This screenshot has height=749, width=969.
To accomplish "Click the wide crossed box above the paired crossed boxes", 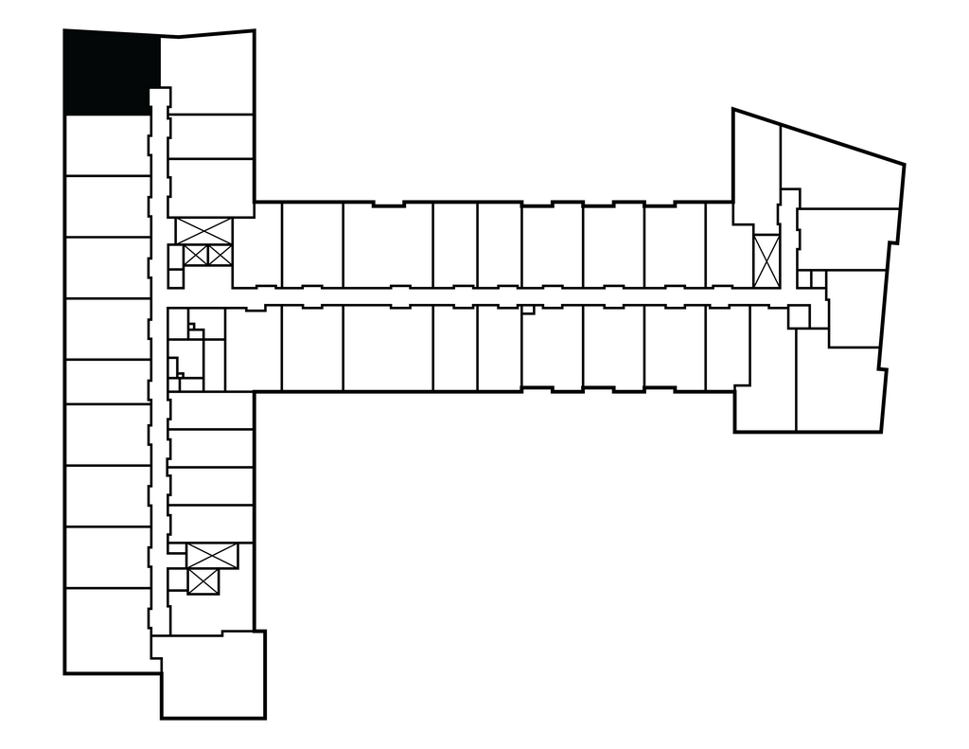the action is pos(203,230).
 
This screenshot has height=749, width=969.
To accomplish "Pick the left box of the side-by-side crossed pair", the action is pos(196,255).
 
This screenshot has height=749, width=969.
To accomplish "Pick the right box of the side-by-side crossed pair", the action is pos(219,255).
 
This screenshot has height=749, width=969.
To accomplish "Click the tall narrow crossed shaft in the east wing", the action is pos(766,260).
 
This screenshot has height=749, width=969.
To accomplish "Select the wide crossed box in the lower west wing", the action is pos(212,556).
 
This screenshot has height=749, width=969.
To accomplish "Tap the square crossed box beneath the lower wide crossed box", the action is pos(203,581).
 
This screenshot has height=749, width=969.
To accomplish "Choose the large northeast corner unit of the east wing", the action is pos(837,166).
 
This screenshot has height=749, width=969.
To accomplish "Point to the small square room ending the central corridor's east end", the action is pos(799,316).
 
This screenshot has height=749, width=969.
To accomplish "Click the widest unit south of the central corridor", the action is pos(387,348).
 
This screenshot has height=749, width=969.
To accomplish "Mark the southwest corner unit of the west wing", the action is pos(107,631).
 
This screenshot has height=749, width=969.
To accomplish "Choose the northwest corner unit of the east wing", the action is pos(757,166).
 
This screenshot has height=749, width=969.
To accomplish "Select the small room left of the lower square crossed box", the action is pos(177,580).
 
